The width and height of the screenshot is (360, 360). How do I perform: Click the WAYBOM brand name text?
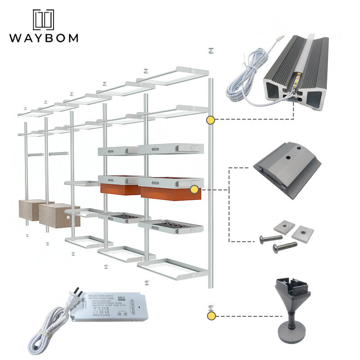tap(43, 37)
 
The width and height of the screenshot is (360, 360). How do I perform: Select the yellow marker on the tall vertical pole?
tap(210, 120)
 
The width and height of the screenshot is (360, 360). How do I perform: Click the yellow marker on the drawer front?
tap(194, 189)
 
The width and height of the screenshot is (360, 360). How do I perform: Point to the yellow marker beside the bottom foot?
tap(211, 316)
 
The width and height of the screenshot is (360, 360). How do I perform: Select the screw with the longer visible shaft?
tap(284, 246)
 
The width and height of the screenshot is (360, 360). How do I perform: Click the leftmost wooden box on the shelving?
tap(33, 210)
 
